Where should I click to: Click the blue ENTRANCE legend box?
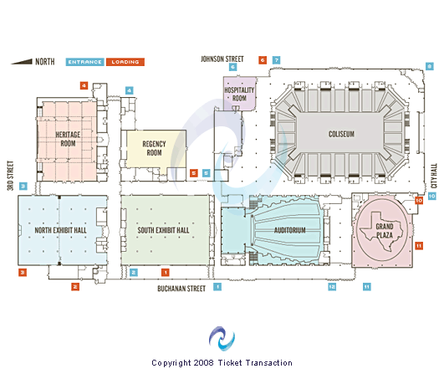(x=85, y=62)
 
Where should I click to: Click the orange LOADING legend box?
(x=125, y=62)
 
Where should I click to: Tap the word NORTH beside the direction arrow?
(x=45, y=61)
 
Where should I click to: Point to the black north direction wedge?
(x=22, y=61)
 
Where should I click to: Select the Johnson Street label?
(x=222, y=59)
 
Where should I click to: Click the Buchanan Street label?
(x=181, y=289)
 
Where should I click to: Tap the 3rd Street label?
(x=11, y=176)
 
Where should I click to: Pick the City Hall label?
(x=434, y=176)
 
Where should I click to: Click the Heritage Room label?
(x=68, y=139)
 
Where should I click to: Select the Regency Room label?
(x=154, y=148)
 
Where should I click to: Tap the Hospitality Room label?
(x=239, y=94)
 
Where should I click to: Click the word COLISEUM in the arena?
(x=341, y=134)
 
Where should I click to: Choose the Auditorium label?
(x=289, y=230)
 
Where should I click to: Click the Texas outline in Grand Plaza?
(x=381, y=231)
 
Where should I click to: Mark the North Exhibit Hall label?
(x=60, y=230)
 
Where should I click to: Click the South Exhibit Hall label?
(x=163, y=230)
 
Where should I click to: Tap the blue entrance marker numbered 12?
(x=332, y=287)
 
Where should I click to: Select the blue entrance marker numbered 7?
(x=277, y=60)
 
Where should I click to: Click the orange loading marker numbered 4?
(x=84, y=85)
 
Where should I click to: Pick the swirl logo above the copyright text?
(x=222, y=338)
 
